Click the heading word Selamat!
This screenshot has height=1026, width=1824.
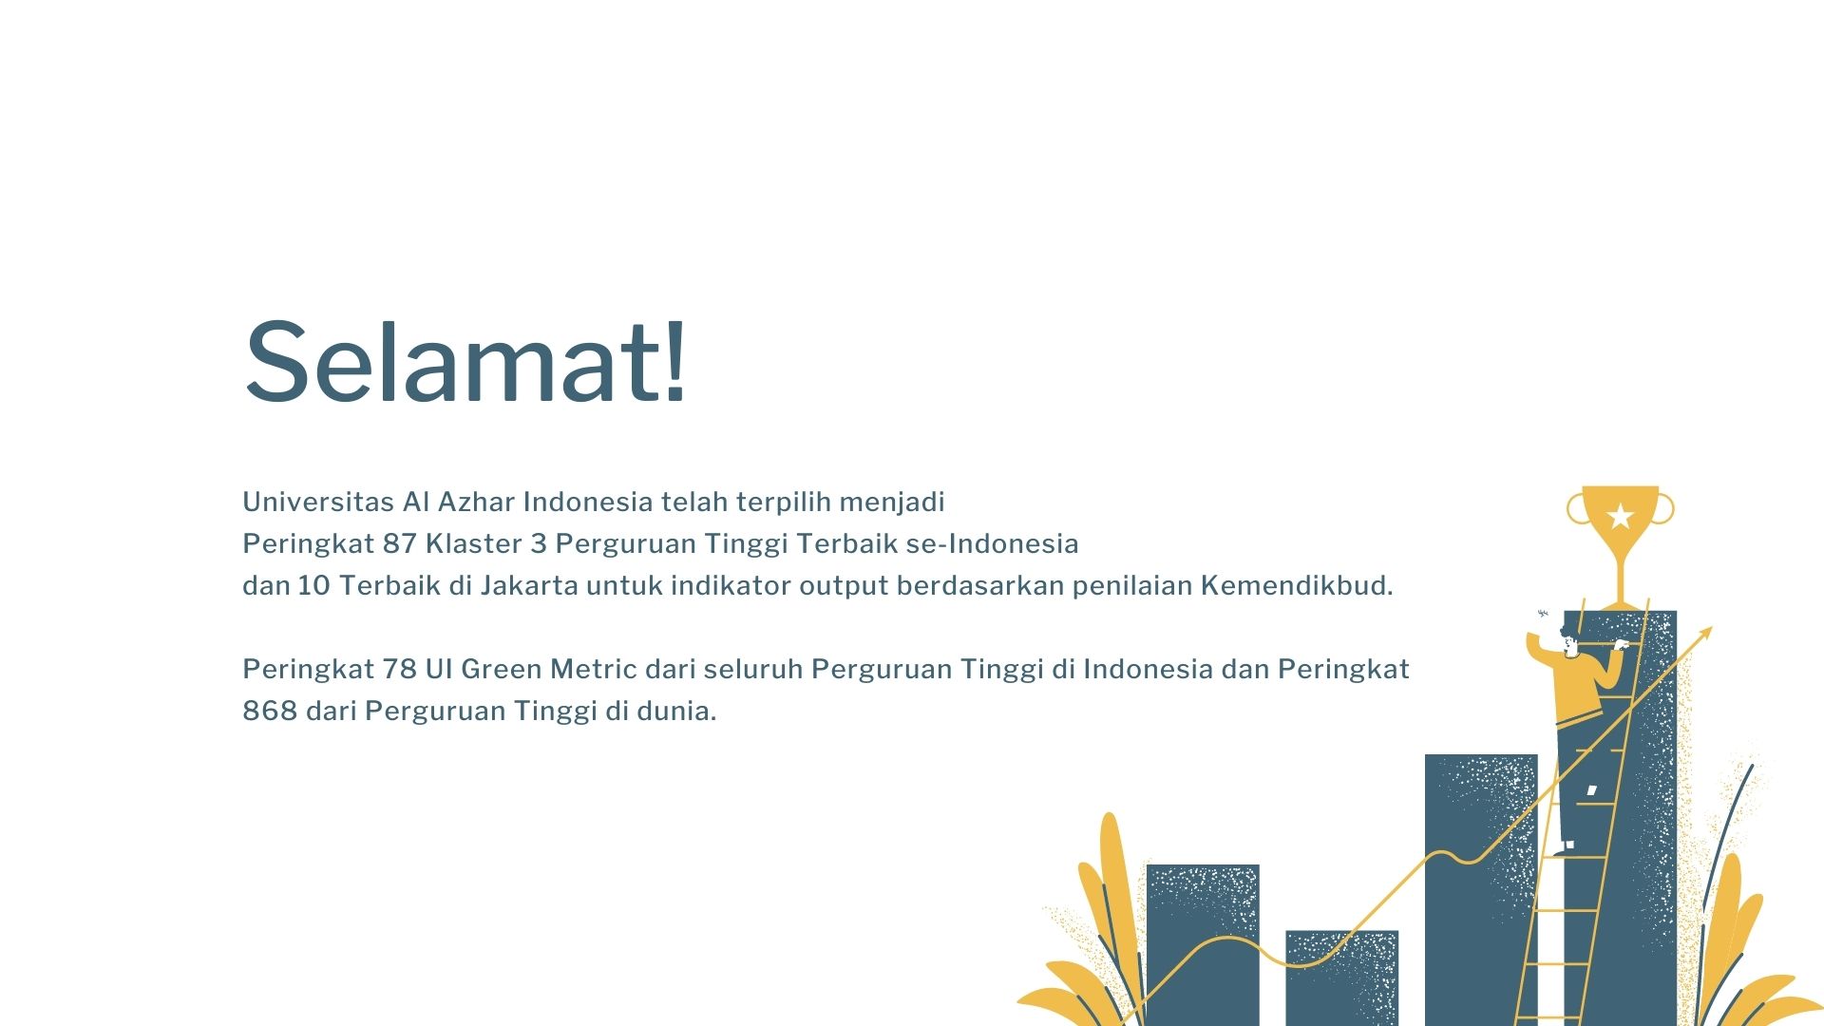click(x=465, y=362)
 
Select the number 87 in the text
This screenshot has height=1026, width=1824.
click(x=400, y=543)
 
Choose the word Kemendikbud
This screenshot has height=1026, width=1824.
click(x=1297, y=585)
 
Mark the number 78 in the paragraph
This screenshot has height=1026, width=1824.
click(x=400, y=669)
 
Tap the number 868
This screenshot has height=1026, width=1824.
click(x=270, y=711)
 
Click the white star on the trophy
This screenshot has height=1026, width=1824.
click(x=1621, y=516)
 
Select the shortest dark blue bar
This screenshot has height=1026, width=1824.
click(x=1341, y=978)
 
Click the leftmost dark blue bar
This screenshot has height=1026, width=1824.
click(x=1203, y=944)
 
